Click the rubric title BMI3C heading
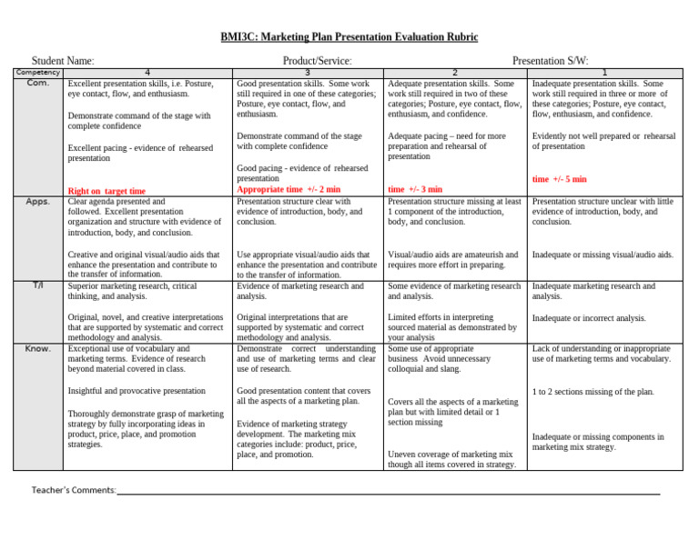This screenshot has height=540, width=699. (x=349, y=37)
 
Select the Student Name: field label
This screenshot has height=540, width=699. (x=63, y=61)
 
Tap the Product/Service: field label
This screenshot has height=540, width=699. (x=317, y=61)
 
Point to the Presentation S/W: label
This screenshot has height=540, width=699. (x=550, y=61)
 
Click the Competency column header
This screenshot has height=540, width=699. (x=37, y=73)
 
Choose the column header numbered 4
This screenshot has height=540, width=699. (x=147, y=73)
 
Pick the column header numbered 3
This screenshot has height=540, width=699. (x=308, y=73)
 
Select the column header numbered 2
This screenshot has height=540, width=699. (x=455, y=73)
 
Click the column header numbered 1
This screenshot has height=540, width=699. (x=603, y=73)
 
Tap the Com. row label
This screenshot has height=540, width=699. (x=37, y=83)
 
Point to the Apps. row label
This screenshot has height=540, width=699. (x=37, y=202)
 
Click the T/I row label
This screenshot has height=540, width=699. (x=37, y=285)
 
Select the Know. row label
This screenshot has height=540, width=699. (x=37, y=349)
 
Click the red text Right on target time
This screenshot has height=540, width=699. (x=106, y=191)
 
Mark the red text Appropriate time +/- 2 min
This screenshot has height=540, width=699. (x=289, y=190)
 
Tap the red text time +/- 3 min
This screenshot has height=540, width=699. (x=415, y=190)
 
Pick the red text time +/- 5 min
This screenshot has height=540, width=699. (x=560, y=179)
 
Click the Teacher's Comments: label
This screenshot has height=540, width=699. (x=74, y=491)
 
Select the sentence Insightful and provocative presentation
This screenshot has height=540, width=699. (x=137, y=391)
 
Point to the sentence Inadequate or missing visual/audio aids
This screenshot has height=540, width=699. (x=603, y=255)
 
